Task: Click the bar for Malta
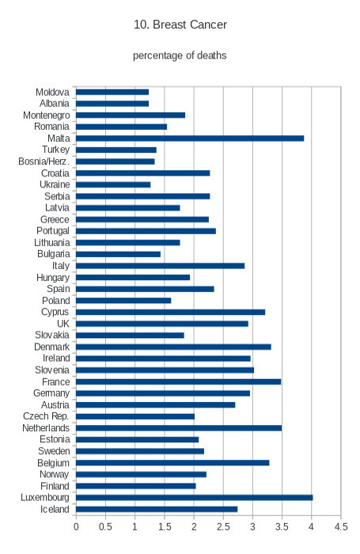pos(190,138)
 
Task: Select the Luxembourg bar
pos(195,498)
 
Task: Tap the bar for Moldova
pos(112,92)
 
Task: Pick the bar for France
pos(178,381)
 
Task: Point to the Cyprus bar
pos(171,312)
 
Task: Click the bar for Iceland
pos(157,509)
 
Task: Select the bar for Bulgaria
pos(118,254)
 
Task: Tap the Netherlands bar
pos(179,428)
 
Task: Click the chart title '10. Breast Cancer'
pos(180,25)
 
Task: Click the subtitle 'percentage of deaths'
pos(180,55)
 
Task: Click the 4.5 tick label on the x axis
pos(341,527)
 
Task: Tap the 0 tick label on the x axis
pos(76,527)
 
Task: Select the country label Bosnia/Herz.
pos(44,161)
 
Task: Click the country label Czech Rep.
pos(46,416)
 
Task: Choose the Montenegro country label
pos(46,116)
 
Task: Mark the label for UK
pos(63,324)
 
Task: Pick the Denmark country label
pos(52,347)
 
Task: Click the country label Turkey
pos(56,150)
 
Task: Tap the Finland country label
pos(55,486)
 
